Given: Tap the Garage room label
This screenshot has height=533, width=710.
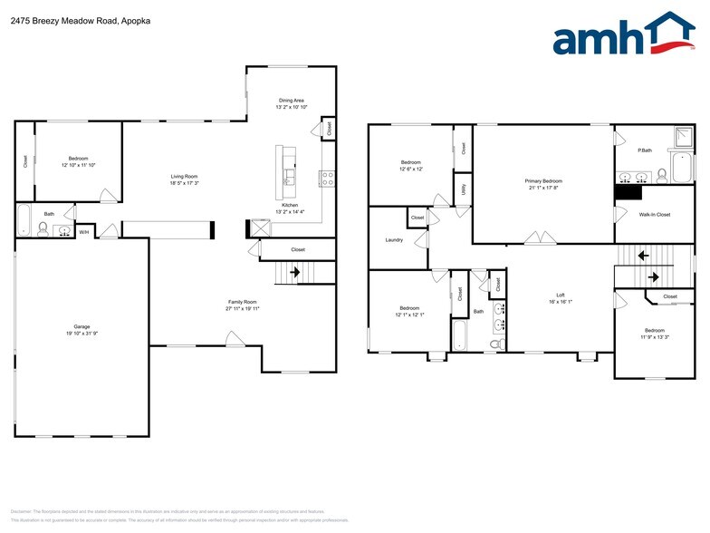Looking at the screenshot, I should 82,326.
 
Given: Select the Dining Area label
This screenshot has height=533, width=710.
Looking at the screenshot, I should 291,100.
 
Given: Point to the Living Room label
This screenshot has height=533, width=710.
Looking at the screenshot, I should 185,176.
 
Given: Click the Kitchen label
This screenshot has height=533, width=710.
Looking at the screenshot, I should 290,205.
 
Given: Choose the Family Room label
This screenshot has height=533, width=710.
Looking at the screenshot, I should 243,301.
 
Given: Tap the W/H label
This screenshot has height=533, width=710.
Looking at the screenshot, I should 83,232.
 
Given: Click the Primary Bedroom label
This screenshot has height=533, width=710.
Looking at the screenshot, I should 543,181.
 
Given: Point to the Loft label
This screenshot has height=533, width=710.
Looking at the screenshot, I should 561,295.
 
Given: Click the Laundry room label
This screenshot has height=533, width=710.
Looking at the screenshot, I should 394,240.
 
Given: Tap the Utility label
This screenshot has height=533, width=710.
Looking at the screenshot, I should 463,189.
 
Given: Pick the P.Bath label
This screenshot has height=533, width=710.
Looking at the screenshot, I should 645,150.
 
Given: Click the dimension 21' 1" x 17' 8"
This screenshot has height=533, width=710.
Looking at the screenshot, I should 543,189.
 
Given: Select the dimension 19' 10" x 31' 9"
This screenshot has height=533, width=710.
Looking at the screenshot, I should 82,334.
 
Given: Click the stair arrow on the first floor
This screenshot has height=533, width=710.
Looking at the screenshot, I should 293,271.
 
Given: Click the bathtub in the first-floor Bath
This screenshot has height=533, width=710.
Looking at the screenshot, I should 24,219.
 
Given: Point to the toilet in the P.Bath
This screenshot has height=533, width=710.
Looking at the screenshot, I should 662,173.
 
